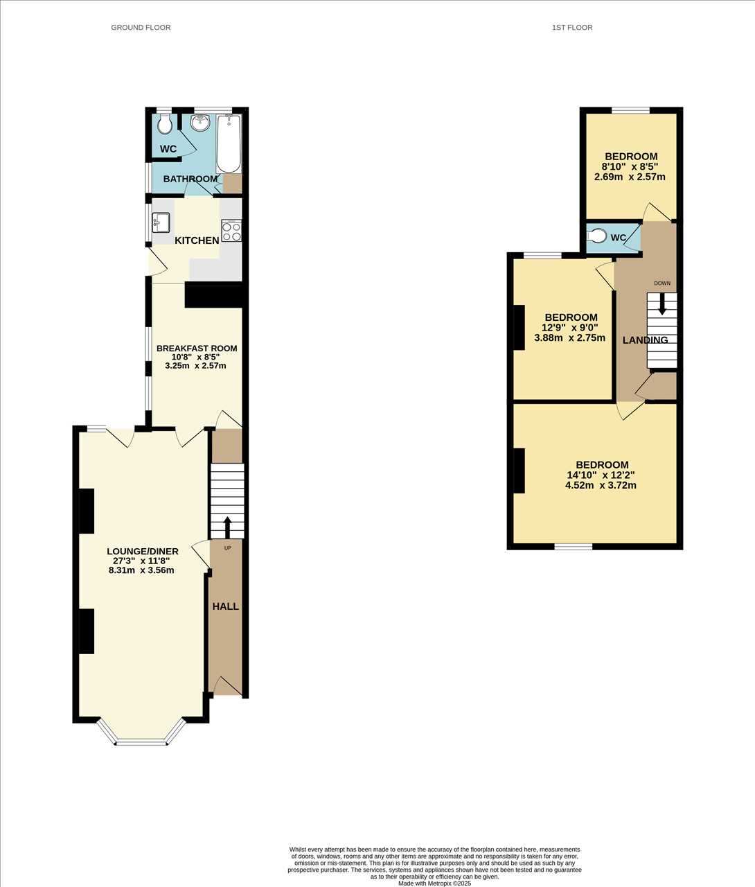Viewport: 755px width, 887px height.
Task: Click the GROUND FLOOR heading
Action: pyautogui.click(x=141, y=28)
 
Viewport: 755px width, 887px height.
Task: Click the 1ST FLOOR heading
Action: pyautogui.click(x=572, y=28)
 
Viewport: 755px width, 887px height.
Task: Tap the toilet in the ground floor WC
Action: pyautogui.click(x=164, y=123)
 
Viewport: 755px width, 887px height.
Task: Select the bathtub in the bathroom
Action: pyautogui.click(x=229, y=143)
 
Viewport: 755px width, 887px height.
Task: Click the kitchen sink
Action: pyautogui.click(x=161, y=222)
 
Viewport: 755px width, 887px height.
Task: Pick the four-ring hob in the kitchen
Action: pyautogui.click(x=231, y=231)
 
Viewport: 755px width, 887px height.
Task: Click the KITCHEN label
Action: pyautogui.click(x=197, y=240)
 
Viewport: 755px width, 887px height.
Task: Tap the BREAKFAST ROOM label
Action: pyautogui.click(x=197, y=349)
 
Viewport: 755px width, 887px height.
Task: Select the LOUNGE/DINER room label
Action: pyautogui.click(x=143, y=552)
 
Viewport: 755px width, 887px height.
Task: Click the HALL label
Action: pyautogui.click(x=226, y=606)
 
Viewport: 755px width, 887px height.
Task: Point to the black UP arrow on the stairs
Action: pyautogui.click(x=227, y=527)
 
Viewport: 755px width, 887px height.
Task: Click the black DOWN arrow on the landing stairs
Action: pyautogui.click(x=662, y=304)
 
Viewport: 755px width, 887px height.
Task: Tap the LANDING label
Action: pyautogui.click(x=645, y=340)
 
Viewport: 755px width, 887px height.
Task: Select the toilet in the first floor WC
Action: pyautogui.click(x=598, y=236)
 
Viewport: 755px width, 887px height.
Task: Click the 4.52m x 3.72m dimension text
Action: pyautogui.click(x=601, y=485)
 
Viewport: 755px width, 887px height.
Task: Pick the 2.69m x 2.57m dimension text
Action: pyautogui.click(x=630, y=177)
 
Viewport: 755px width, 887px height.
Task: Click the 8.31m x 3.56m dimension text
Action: pyautogui.click(x=141, y=570)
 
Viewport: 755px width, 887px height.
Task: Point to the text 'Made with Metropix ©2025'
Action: pyautogui.click(x=434, y=884)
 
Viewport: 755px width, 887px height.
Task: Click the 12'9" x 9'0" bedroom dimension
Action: pyautogui.click(x=570, y=327)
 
